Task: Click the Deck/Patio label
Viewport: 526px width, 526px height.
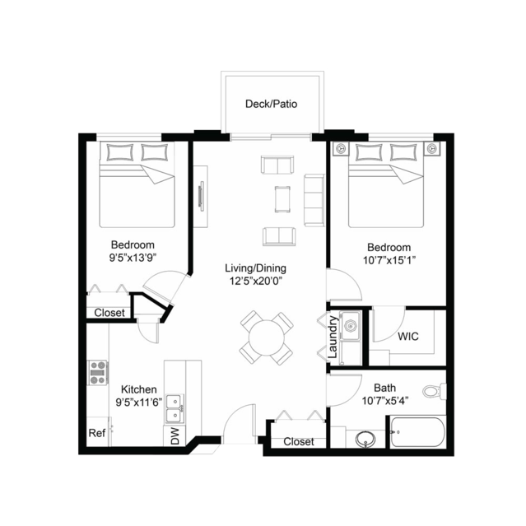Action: [x=271, y=104]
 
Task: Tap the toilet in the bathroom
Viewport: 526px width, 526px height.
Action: [x=434, y=391]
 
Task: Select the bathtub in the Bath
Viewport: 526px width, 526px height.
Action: [x=417, y=432]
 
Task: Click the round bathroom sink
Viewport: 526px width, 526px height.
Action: [x=365, y=439]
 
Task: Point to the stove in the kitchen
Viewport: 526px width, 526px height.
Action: [x=98, y=372]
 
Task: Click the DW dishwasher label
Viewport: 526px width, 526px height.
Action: [x=175, y=435]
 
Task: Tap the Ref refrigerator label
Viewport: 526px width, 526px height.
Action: [x=97, y=433]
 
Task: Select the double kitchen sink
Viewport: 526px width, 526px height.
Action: [x=175, y=408]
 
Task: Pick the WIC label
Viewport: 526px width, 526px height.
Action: [x=408, y=336]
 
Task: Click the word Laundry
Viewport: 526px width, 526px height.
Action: [x=333, y=337]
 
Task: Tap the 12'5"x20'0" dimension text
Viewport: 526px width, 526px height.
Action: [x=256, y=281]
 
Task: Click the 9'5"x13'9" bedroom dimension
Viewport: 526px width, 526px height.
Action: [x=133, y=258]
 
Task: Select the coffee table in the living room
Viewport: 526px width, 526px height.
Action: [x=282, y=199]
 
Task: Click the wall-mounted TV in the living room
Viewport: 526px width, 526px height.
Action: [x=202, y=196]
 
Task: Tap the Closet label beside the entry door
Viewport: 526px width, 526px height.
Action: [x=299, y=441]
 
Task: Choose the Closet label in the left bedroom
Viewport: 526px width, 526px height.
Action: [x=109, y=313]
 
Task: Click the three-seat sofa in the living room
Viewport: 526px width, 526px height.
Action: [x=314, y=200]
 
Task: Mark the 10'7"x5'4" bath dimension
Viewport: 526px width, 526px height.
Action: [x=385, y=401]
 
